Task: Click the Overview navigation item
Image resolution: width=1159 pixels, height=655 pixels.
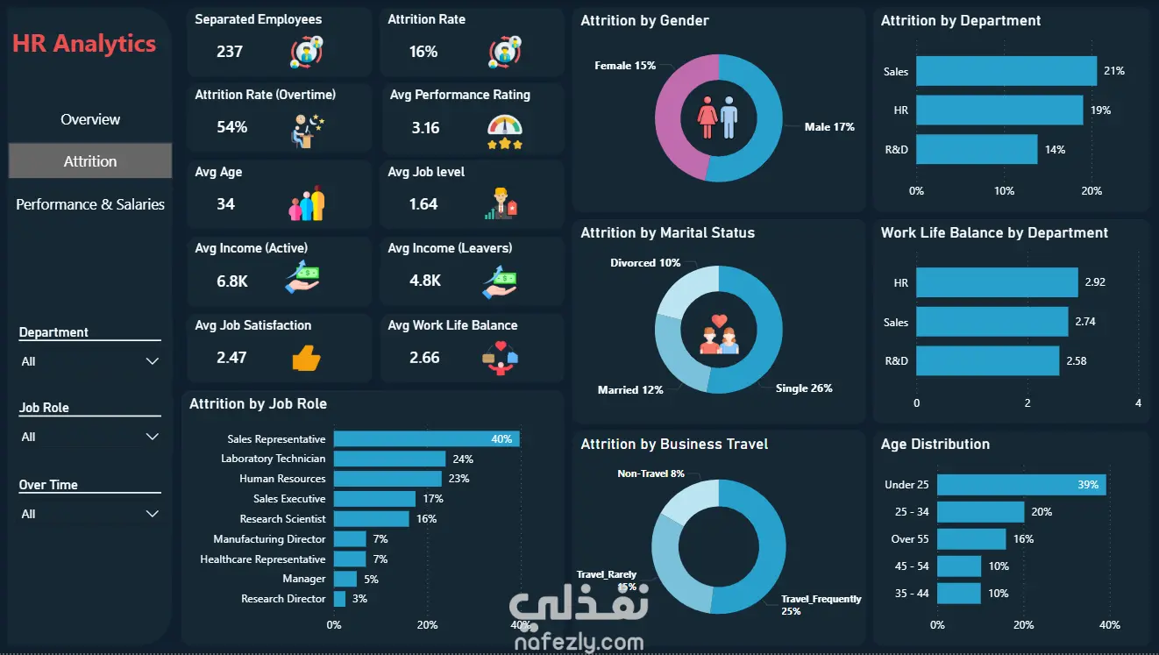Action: tap(90, 119)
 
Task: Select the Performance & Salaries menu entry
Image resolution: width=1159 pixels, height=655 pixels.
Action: tap(90, 204)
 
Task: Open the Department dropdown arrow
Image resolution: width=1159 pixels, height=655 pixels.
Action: tap(153, 361)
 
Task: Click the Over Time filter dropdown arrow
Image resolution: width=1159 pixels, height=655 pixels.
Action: tap(153, 514)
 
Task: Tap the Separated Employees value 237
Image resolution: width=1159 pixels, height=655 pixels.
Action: tap(229, 52)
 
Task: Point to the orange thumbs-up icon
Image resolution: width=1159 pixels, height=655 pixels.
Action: tap(306, 358)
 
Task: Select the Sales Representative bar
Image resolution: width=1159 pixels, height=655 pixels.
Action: tap(427, 438)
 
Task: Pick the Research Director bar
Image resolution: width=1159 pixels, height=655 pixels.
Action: tap(339, 599)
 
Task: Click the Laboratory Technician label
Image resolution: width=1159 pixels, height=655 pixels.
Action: tap(274, 459)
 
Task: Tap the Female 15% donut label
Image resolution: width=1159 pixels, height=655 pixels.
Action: tap(625, 66)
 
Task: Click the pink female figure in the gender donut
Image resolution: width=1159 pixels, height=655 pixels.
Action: tap(707, 117)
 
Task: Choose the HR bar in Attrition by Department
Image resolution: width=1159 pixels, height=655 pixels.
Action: tap(999, 110)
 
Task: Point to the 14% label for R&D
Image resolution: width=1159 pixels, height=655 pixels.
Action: tap(1055, 150)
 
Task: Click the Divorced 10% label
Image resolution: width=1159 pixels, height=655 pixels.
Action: tap(645, 263)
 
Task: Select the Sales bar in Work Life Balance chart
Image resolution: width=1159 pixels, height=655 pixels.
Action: tap(992, 321)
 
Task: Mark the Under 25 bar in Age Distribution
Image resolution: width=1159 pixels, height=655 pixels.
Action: tap(1021, 485)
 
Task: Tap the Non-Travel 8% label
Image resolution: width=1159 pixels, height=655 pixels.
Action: tap(651, 473)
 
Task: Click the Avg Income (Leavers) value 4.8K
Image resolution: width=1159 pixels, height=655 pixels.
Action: tap(425, 281)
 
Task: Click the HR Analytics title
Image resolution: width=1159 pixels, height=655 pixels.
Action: tap(84, 44)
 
